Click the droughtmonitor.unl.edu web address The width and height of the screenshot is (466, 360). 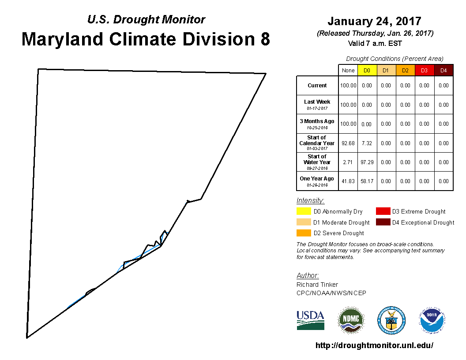374,345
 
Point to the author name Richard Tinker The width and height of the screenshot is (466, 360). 317,285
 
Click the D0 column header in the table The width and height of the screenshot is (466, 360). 367,71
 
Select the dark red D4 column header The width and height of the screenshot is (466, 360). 443,71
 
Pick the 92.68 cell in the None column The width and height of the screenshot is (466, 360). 348,143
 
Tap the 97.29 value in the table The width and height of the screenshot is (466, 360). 367,162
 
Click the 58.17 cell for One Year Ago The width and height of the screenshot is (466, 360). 367,181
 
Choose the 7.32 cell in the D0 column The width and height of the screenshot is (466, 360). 367,143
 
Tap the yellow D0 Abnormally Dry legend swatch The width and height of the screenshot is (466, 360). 304,211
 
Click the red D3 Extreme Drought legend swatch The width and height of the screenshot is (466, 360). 383,211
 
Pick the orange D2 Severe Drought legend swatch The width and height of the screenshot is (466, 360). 304,233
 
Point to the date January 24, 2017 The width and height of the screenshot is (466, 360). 374,21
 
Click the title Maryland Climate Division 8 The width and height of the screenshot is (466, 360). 146,39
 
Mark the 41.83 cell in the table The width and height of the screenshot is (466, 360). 348,181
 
